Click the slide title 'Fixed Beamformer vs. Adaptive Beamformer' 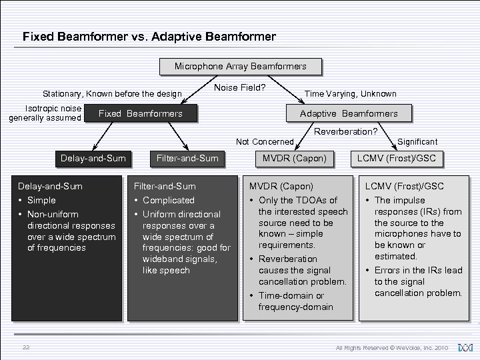149,37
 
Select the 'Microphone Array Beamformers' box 240,67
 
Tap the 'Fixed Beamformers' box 140,113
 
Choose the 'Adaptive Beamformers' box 349,113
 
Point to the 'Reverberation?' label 345,131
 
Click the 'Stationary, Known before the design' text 112,94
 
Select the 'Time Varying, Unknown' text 350,94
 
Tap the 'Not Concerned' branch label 265,141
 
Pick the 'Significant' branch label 417,141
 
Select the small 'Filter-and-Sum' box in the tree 187,158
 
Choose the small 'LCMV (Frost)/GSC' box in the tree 397,158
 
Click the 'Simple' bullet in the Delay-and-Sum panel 41,200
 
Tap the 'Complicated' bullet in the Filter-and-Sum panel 168,200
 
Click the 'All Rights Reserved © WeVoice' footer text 393,348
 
